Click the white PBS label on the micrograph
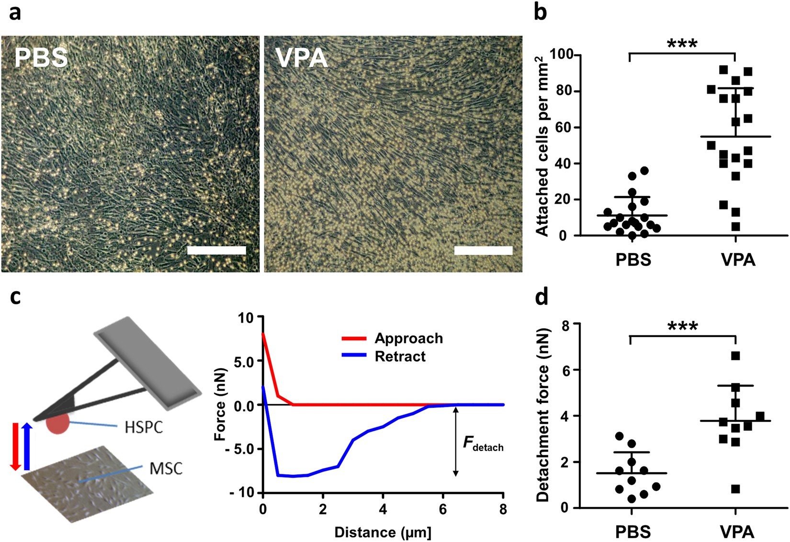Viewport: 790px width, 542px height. point(41,58)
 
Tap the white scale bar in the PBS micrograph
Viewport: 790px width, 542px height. point(216,250)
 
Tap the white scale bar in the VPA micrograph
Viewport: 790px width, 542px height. point(483,250)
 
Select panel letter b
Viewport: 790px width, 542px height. point(541,12)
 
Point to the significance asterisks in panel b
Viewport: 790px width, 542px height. point(682,44)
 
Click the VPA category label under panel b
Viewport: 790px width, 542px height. point(738,260)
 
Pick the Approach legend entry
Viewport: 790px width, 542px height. point(408,338)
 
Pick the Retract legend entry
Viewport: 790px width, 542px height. point(400,357)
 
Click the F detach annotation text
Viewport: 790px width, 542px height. point(483,443)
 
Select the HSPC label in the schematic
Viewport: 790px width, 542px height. point(144,427)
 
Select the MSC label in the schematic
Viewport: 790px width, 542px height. point(166,468)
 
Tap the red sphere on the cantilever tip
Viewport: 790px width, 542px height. point(58,424)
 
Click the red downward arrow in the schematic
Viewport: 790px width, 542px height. point(15,446)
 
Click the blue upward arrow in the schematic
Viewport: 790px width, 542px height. point(27,446)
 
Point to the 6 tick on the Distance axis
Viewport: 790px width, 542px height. point(443,509)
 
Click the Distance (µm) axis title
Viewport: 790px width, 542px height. point(383,532)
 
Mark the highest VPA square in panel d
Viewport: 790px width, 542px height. point(736,356)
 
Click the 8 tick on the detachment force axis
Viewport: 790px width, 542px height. point(565,325)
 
